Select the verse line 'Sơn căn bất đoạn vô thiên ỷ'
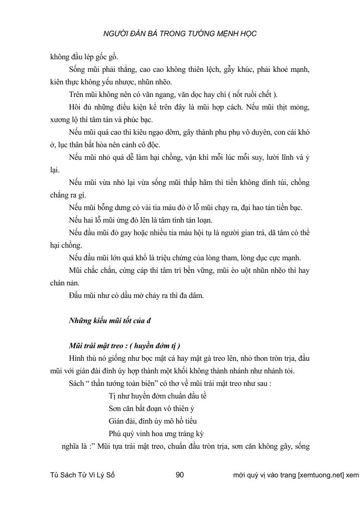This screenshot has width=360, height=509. (151, 409)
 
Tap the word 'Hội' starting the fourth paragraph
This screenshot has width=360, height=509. (75, 108)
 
